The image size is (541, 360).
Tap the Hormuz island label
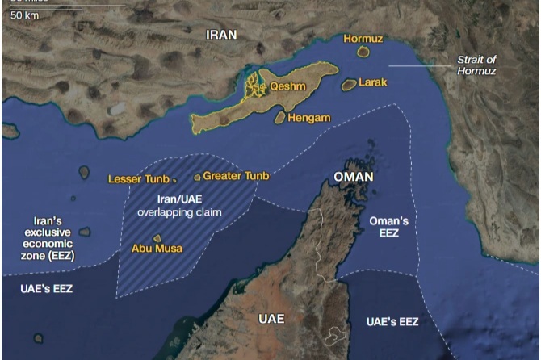362,38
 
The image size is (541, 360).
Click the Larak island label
373,82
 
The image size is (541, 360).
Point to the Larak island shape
349,84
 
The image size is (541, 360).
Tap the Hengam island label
308,118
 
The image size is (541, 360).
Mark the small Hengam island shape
279,118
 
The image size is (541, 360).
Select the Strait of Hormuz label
476,65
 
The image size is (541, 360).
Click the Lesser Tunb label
138,178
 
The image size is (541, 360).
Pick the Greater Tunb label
236,175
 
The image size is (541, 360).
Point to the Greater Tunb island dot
197,177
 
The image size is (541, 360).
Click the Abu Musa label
156,249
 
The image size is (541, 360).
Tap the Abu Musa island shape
158,238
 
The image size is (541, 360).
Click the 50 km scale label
25,15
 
